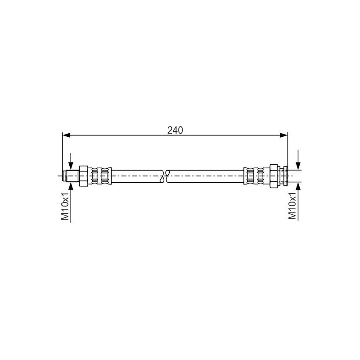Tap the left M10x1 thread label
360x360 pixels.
(x=66, y=207)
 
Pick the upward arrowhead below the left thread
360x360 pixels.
(x=71, y=184)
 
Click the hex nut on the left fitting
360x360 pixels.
(x=84, y=175)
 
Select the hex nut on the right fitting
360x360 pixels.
(x=274, y=175)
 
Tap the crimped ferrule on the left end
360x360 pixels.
(x=99, y=175)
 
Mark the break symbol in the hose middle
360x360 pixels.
(x=165, y=175)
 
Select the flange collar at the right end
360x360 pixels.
(x=284, y=175)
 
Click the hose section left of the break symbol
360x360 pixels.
(x=135, y=175)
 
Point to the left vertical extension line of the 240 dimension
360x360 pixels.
(x=62, y=153)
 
